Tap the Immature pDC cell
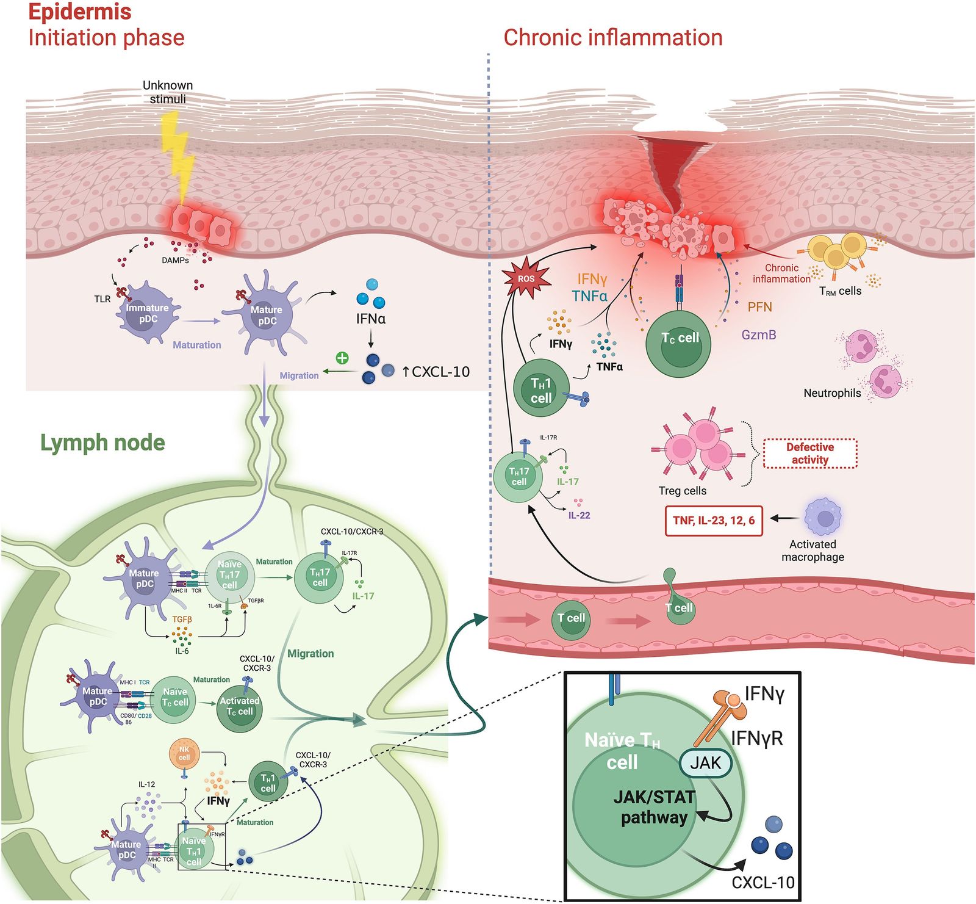tap(146, 313)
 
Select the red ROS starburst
tap(526, 279)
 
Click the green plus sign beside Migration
tap(342, 358)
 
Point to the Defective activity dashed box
tap(810, 454)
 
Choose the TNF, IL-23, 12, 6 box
tap(713, 521)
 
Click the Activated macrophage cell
tap(823, 518)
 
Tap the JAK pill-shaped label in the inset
tap(705, 763)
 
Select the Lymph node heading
tap(102, 443)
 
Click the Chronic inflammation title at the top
tap(612, 38)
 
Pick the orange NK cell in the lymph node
tap(184, 754)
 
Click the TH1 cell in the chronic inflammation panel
tap(541, 389)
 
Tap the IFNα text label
tap(371, 319)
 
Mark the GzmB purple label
tap(759, 334)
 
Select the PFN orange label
tap(759, 307)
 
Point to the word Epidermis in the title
tap(80, 12)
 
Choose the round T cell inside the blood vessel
tap(570, 619)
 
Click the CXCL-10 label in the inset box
tap(762, 883)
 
